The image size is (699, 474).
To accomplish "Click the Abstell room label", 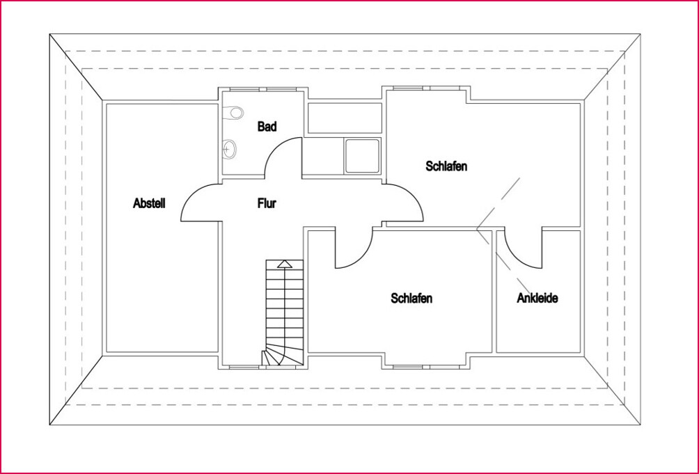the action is pyautogui.click(x=150, y=203).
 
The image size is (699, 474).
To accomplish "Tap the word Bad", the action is pyautogui.click(x=267, y=127).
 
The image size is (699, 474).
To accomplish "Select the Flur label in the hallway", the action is pyautogui.click(x=267, y=203).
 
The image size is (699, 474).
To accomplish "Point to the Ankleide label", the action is pyautogui.click(x=537, y=298).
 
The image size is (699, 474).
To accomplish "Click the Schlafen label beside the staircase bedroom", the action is pyautogui.click(x=411, y=298).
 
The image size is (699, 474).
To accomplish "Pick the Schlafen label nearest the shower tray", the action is pyautogui.click(x=446, y=166).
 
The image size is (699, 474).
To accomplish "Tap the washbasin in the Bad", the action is pyautogui.click(x=229, y=148).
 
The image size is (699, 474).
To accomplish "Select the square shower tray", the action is pyautogui.click(x=362, y=155).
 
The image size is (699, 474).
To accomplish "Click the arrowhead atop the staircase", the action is pyautogui.click(x=285, y=264).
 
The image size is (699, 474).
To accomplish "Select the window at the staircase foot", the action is pyautogui.click(x=244, y=367).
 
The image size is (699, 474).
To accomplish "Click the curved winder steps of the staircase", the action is pyautogui.click(x=274, y=357).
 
